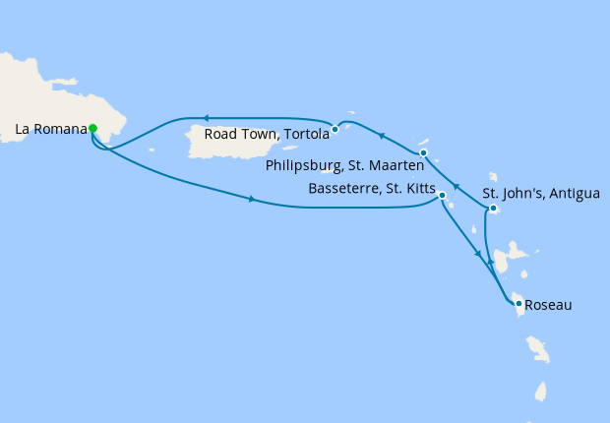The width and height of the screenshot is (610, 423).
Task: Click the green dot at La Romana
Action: (92, 128)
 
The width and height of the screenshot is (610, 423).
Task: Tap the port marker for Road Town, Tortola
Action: (335, 129)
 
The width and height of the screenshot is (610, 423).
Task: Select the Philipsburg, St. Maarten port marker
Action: (423, 153)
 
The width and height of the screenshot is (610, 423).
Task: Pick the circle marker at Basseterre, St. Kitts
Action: (442, 196)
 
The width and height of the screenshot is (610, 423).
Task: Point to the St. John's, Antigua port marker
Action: (493, 209)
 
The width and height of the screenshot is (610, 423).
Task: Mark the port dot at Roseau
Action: (519, 304)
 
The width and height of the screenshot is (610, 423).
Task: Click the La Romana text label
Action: (50, 128)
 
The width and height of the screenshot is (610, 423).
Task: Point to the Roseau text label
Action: (549, 305)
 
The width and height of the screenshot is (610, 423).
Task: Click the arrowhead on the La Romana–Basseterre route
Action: (253, 201)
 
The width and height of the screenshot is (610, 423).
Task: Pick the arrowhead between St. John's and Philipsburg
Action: (456, 185)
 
